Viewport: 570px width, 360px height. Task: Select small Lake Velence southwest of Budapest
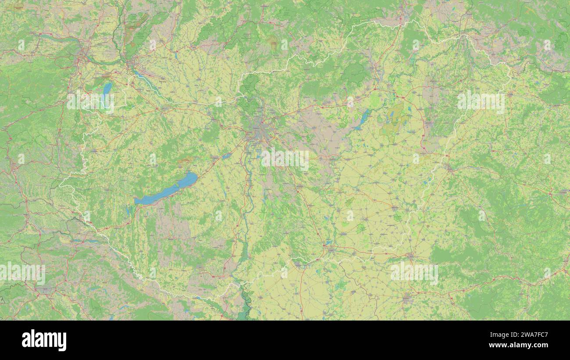pyautogui.click(x=226, y=156)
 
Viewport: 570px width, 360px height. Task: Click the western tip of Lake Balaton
pyautogui.click(x=136, y=202)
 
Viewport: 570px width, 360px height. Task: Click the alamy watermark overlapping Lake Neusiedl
pyautogui.click(x=90, y=101)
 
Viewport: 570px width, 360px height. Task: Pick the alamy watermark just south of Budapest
pyautogui.click(x=285, y=160)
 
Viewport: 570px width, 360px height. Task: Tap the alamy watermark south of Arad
pyautogui.click(x=413, y=272)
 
